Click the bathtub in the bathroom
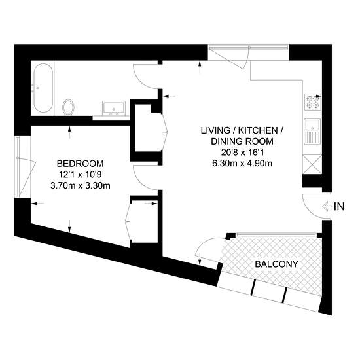(43, 88)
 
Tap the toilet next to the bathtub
(69, 107)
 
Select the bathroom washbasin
(114, 108)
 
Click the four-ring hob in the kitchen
(313, 101)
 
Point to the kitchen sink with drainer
(312, 132)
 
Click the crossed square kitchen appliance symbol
(312, 164)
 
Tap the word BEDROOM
(80, 164)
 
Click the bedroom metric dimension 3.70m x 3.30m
(81, 185)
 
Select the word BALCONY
(276, 264)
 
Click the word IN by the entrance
(339, 207)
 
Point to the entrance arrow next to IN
(327, 207)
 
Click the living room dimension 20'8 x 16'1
(242, 153)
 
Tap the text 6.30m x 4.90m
(242, 164)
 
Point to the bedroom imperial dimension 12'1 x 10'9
(80, 175)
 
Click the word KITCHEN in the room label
(258, 130)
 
